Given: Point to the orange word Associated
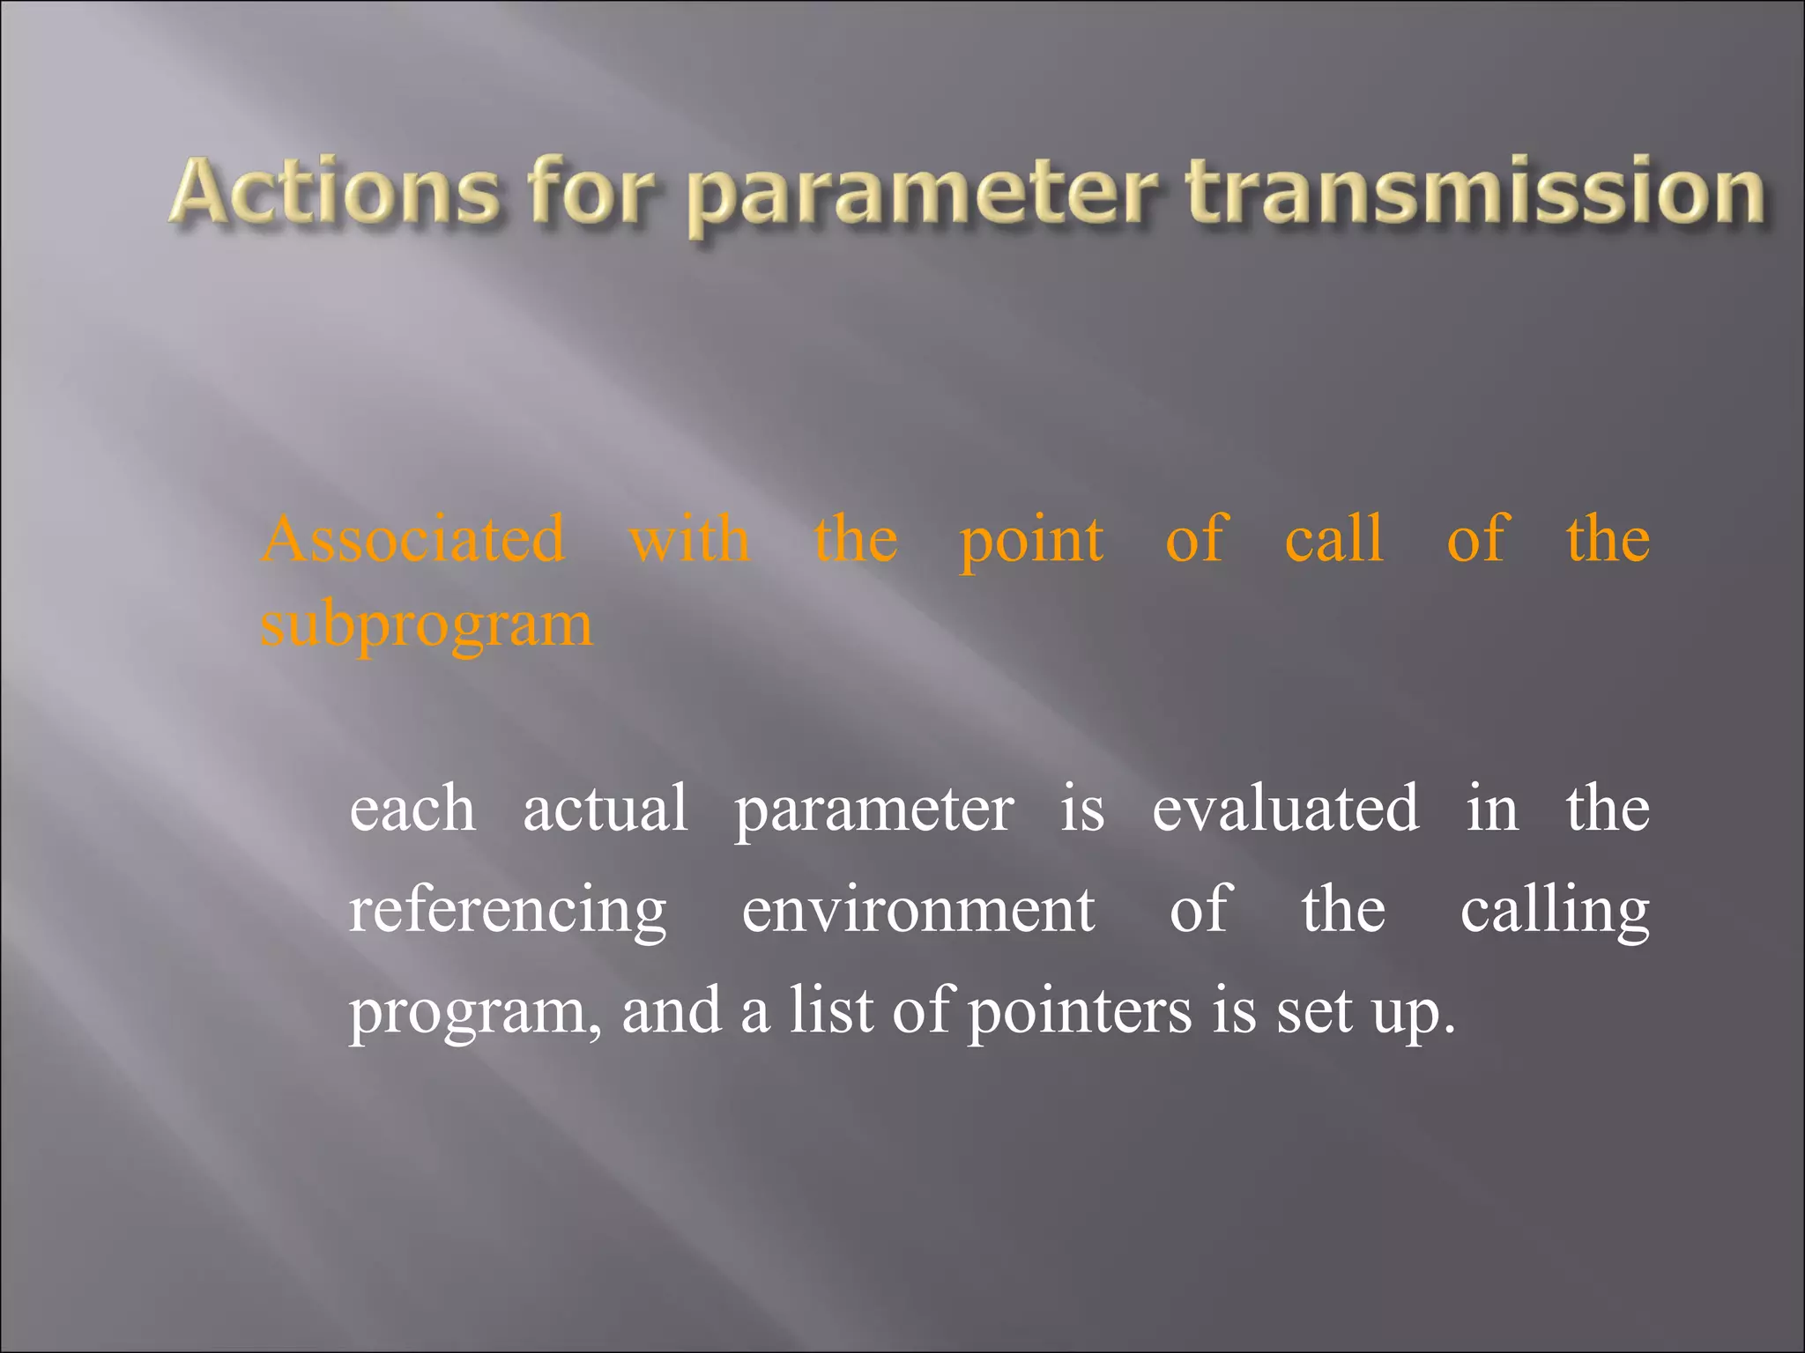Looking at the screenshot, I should point(413,539).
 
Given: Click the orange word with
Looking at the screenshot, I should point(689,539).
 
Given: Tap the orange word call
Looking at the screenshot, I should point(1334,539).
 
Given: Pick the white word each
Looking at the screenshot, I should point(412,809).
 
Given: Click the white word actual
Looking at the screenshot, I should point(605,809).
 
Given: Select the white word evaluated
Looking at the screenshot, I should point(1286,809).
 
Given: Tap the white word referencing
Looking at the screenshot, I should point(508,913).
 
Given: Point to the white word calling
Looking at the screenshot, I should point(1555,913).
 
